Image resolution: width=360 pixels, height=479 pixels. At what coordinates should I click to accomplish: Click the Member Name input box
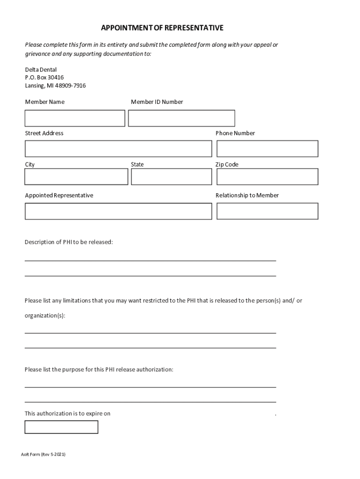click(75, 118)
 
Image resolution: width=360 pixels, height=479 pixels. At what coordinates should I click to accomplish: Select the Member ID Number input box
click(181, 118)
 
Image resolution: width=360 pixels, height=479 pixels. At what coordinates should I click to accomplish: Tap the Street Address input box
click(118, 149)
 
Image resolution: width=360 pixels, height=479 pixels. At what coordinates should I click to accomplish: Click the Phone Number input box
click(267, 149)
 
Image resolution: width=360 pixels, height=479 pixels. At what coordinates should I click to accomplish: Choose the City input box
click(76, 177)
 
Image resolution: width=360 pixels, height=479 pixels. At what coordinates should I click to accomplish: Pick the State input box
click(172, 177)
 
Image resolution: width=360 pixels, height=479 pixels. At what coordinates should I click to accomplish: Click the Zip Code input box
click(267, 177)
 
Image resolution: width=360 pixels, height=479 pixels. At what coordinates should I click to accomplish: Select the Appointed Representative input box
click(118, 211)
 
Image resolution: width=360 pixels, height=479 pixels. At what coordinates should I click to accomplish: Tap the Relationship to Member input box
click(267, 211)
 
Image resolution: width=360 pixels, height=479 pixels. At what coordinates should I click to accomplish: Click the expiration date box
click(61, 427)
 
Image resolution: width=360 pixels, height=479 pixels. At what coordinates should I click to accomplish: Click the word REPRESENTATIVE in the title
click(193, 28)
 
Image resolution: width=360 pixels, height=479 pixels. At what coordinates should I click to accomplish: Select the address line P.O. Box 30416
click(44, 78)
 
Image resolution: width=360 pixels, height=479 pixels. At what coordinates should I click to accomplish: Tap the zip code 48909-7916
click(70, 86)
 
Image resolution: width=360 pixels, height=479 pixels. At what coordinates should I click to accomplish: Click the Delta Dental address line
click(41, 70)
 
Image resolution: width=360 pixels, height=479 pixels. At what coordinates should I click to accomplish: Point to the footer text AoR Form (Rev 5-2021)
click(43, 454)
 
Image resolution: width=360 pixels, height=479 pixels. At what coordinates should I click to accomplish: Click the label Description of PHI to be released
click(69, 242)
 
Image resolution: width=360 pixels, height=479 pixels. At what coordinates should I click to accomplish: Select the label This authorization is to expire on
click(67, 414)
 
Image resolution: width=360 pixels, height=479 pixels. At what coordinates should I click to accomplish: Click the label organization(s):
click(45, 316)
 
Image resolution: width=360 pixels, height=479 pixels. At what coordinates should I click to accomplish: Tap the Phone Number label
click(235, 133)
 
